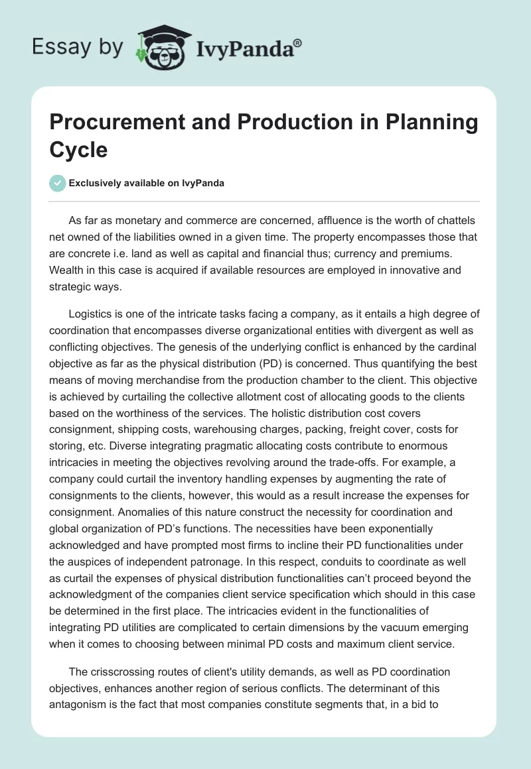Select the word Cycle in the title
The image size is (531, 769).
78,149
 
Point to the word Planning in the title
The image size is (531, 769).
437,123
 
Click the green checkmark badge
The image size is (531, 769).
58,183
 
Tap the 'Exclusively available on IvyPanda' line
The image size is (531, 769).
147,184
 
